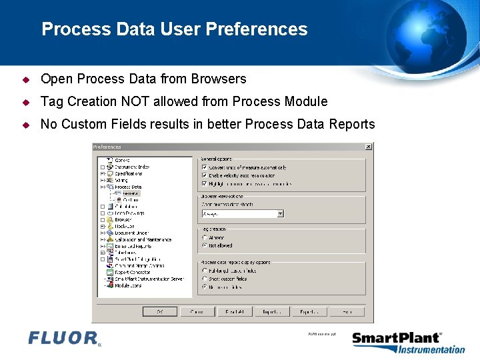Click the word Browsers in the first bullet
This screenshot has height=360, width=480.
[219, 79]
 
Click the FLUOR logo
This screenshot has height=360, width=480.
[64, 338]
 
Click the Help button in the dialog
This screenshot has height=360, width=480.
[347, 311]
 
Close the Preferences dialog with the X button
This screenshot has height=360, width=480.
[369, 147]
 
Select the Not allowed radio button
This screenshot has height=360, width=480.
[204, 245]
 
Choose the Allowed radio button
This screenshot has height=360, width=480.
[204, 237]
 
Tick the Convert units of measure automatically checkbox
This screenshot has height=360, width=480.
[204, 167]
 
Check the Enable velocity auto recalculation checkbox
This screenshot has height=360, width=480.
[204, 175]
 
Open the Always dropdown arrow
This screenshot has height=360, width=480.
[280, 213]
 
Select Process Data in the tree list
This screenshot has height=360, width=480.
[128, 187]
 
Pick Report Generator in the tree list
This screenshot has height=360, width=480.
[132, 272]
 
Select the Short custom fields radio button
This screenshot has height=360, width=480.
[204, 279]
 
